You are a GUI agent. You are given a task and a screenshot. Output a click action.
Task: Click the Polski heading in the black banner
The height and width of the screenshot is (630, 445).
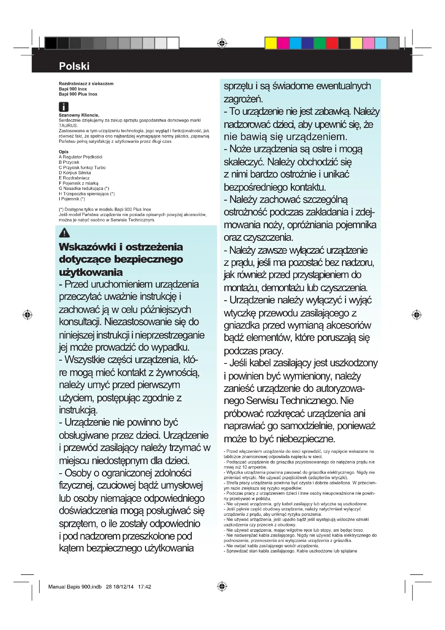[74, 66]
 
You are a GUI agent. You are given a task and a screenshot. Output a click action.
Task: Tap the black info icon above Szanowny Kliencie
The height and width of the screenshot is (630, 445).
[63, 107]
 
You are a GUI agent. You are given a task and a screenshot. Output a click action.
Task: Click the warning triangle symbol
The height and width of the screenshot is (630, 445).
[64, 233]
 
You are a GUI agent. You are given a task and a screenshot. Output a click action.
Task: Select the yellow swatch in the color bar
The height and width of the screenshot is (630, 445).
[271, 43]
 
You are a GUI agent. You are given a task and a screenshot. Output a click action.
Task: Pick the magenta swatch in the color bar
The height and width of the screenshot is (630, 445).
[283, 43]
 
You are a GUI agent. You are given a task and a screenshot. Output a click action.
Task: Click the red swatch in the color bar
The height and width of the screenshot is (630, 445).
[332, 43]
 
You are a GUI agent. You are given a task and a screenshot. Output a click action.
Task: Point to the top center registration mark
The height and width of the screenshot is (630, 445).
[222, 43]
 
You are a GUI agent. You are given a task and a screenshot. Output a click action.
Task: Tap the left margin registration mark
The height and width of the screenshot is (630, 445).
[27, 315]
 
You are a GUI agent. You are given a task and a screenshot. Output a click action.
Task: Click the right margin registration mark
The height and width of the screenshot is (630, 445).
[416, 315]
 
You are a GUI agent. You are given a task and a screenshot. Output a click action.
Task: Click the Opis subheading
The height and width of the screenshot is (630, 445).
[63, 152]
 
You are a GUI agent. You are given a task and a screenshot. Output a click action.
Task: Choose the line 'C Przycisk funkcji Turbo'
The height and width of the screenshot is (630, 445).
[82, 167]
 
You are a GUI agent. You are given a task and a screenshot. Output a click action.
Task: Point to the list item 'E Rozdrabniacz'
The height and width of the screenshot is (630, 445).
[74, 178]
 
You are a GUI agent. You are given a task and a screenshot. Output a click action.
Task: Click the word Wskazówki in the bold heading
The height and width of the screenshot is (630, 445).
[88, 247]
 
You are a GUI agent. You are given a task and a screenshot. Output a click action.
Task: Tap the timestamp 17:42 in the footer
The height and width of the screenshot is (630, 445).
[144, 587]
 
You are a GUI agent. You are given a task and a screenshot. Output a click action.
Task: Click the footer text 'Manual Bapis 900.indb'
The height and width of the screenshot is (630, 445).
[75, 587]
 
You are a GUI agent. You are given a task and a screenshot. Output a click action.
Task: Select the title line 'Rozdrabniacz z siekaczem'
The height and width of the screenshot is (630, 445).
[86, 84]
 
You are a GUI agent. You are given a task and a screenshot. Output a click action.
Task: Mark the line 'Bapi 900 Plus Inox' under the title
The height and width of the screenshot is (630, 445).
[78, 94]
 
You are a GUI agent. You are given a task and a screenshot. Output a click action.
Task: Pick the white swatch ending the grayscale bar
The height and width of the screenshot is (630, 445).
[173, 43]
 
